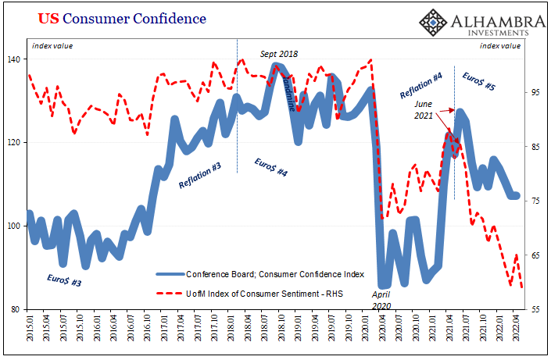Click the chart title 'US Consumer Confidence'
tap(117, 17)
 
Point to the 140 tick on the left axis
tap(16, 59)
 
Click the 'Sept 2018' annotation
tap(279, 54)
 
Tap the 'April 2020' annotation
tap(381, 301)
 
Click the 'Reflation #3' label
tap(200, 173)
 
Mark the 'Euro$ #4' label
tap(271, 166)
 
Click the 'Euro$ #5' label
tap(478, 82)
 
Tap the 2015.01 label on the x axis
tap(30, 332)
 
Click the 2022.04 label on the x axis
tap(516, 332)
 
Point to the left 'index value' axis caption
tap(52, 45)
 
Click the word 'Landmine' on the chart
tap(287, 94)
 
